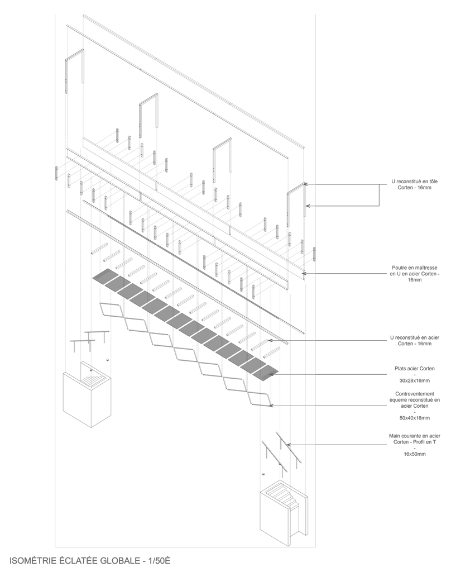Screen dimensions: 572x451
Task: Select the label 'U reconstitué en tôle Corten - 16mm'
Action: click(415, 185)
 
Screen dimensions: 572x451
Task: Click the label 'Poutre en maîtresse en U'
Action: click(415, 273)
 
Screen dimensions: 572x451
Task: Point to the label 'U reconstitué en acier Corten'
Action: click(415, 340)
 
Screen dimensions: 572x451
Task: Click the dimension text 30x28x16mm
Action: click(415, 381)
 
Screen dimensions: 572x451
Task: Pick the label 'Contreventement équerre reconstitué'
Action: click(415, 399)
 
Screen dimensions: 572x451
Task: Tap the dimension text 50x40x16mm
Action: click(415, 418)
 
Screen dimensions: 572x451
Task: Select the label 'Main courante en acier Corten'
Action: click(415, 438)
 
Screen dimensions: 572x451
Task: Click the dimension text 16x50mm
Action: click(415, 454)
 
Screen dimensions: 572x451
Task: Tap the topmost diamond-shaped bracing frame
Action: click(112, 310)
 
